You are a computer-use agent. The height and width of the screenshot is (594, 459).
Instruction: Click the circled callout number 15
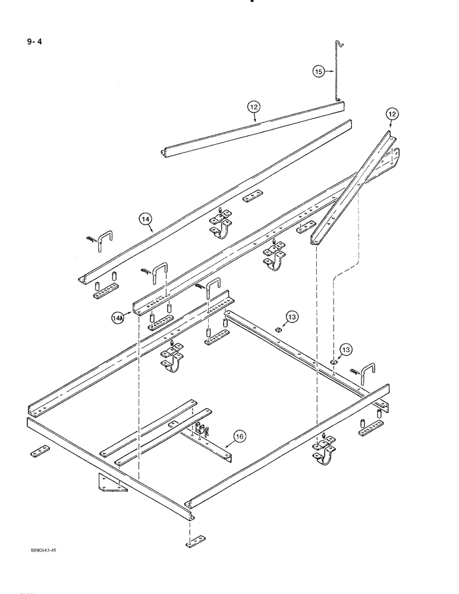point(319,71)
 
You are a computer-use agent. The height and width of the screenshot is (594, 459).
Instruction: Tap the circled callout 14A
point(117,318)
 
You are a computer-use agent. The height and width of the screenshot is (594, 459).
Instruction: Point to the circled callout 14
point(146,219)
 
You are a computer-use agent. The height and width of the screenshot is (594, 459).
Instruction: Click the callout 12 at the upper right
point(392,113)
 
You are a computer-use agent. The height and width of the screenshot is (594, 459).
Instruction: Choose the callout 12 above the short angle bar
point(254,107)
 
